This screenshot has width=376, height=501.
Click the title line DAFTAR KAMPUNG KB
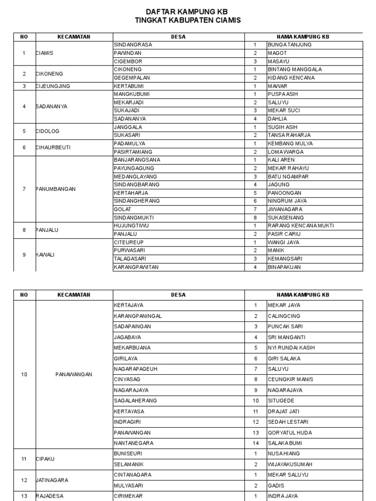tap(187, 11)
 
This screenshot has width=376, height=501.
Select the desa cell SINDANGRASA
tap(133, 45)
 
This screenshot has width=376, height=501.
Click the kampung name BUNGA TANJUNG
tap(289, 45)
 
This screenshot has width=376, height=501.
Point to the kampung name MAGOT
tap(277, 53)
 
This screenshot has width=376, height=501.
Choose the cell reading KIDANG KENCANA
tap(291, 78)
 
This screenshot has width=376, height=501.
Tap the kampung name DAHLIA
tap(277, 119)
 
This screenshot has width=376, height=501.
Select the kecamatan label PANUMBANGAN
tap(55, 189)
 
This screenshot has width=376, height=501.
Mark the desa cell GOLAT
tap(122, 209)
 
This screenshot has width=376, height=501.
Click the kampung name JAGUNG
tap(279, 184)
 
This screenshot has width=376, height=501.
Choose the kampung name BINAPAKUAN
tap(284, 267)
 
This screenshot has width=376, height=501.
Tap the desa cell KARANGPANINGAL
tap(138, 316)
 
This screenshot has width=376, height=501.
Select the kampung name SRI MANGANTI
tap(286, 337)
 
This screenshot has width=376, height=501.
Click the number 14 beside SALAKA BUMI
tap(255, 443)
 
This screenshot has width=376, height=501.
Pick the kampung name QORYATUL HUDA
tap(289, 433)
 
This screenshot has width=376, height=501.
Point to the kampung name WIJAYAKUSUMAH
tap(290, 464)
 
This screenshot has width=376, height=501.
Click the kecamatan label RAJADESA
tap(49, 496)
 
